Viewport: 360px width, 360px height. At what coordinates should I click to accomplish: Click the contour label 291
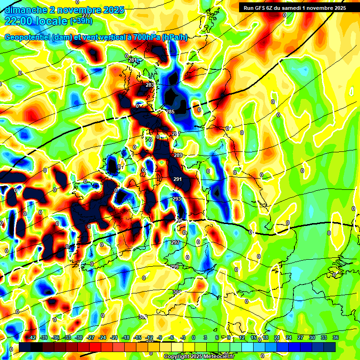coord(178,179)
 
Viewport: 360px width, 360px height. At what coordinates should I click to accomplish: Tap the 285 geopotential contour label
coord(170,112)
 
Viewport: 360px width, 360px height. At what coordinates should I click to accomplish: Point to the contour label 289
coord(178,155)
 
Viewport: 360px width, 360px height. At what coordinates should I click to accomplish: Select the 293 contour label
coord(177,199)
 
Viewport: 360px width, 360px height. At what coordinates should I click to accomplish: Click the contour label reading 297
coord(175,242)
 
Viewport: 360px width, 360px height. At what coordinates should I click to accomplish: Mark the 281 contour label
coord(133,60)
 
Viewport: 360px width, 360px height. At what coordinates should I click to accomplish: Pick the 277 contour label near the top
coord(86,16)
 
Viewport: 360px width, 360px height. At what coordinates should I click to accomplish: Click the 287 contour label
coord(176,134)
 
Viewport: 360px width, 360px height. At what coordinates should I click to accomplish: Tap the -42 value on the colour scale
coord(32,337)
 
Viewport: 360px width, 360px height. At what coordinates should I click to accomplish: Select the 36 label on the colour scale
coord(335,337)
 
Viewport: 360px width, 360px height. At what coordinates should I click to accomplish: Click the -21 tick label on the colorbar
coord(114,337)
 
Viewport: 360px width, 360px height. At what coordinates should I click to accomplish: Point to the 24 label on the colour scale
coord(289,337)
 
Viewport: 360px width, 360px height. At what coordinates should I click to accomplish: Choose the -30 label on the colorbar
coord(79,337)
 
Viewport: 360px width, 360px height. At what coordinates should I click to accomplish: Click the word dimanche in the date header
coord(25,10)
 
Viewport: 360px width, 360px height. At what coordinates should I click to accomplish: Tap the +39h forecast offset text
coord(81,21)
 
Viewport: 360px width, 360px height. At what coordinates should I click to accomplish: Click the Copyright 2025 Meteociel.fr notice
coord(199,356)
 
